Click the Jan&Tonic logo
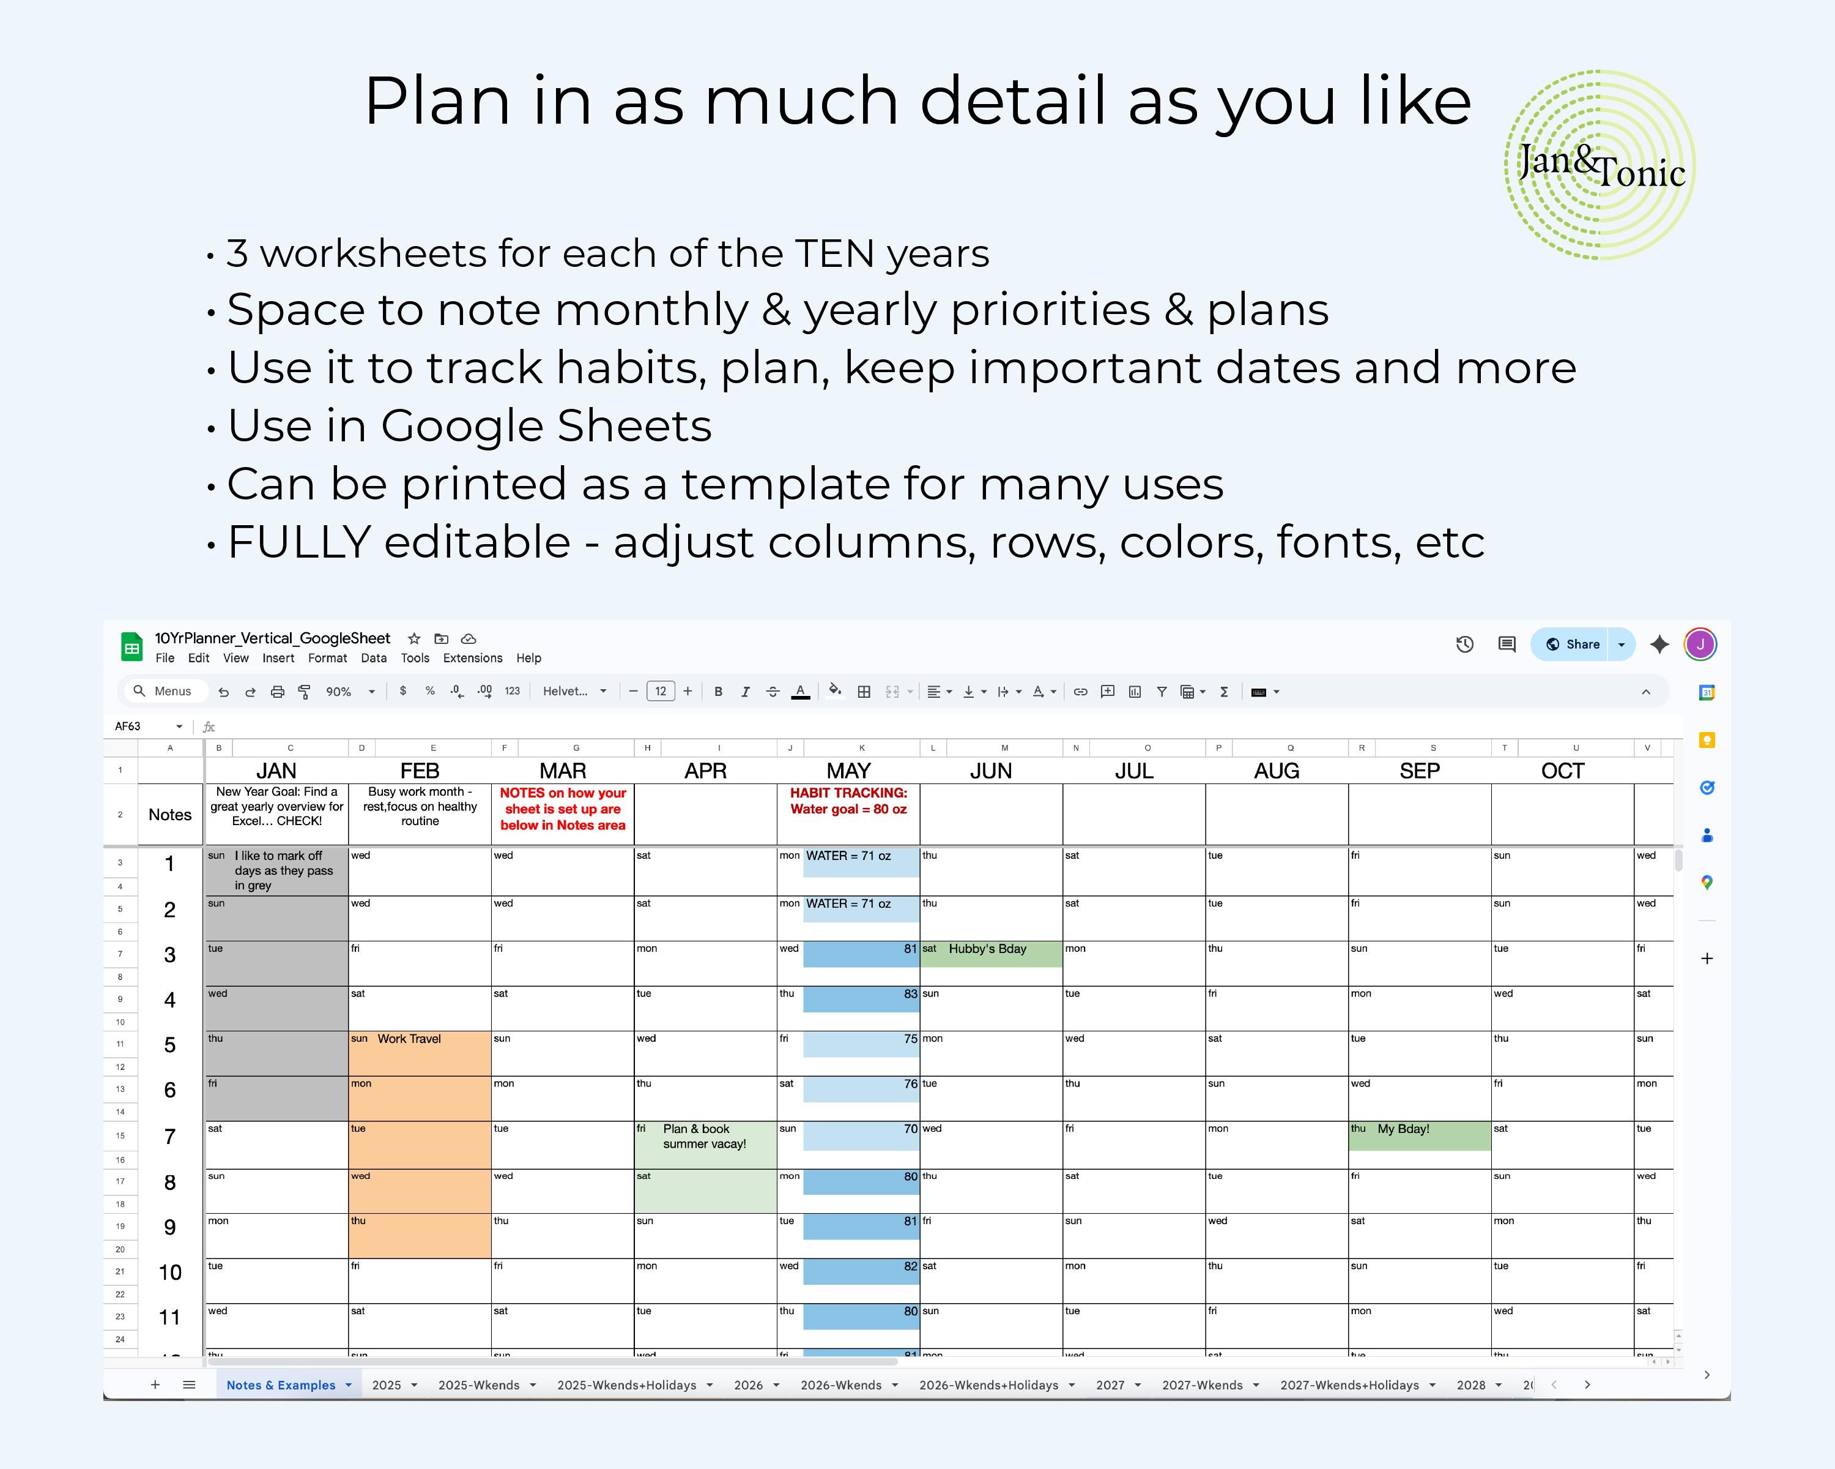click(x=1600, y=165)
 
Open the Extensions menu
click(x=472, y=658)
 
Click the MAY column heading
click(x=848, y=771)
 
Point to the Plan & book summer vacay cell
click(x=704, y=1137)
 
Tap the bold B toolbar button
click(x=718, y=692)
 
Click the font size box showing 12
click(x=661, y=692)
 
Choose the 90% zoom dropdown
click(x=350, y=692)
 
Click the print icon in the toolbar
click(x=278, y=692)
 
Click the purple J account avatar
click(x=1700, y=645)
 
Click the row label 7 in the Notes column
click(x=169, y=1137)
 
